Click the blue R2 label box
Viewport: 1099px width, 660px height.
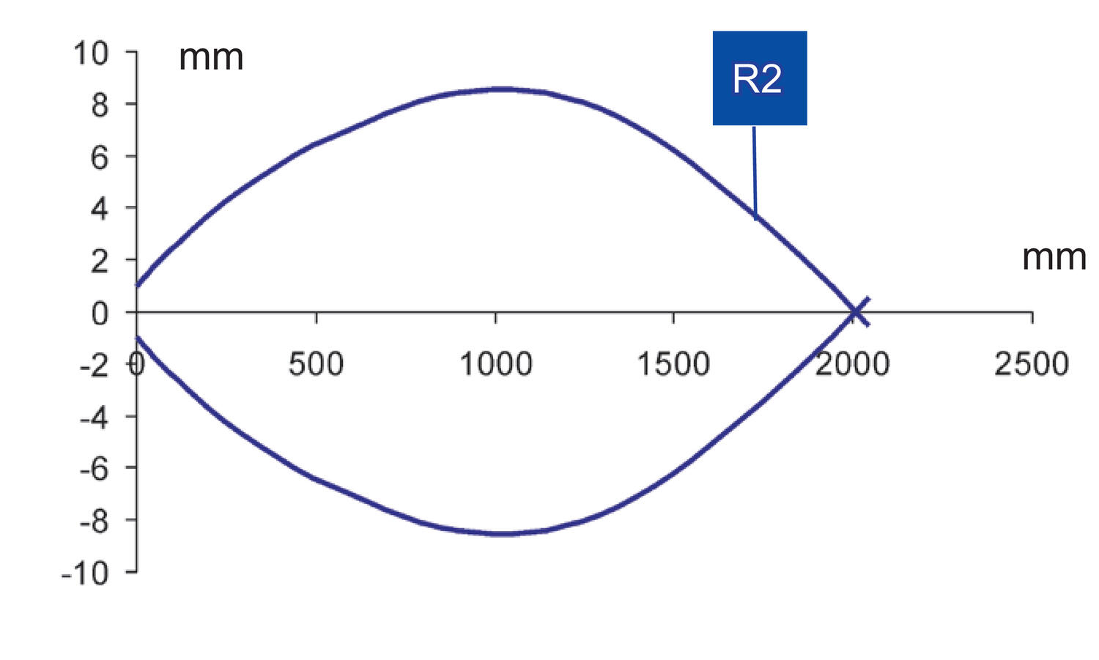[760, 78]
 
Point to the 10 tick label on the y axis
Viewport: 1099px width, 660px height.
[90, 53]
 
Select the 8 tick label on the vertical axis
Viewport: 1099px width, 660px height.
[100, 105]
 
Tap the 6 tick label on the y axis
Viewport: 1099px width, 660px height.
[100, 157]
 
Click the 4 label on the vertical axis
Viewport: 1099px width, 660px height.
[99, 209]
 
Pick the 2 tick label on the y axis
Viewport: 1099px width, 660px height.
[100, 261]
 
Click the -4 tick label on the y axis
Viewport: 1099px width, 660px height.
[94, 418]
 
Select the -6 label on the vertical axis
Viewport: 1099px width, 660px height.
[94, 470]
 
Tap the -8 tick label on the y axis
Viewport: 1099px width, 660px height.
[94, 522]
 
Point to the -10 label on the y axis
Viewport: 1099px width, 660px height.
[84, 574]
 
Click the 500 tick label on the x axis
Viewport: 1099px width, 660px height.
[316, 364]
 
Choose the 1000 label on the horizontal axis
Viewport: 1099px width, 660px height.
[496, 364]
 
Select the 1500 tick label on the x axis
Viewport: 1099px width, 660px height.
[673, 364]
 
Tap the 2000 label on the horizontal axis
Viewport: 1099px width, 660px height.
[853, 364]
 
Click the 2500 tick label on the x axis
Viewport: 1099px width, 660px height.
[1032, 364]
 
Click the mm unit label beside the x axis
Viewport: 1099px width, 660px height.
[1054, 258]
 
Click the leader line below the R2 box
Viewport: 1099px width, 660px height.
[755, 173]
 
